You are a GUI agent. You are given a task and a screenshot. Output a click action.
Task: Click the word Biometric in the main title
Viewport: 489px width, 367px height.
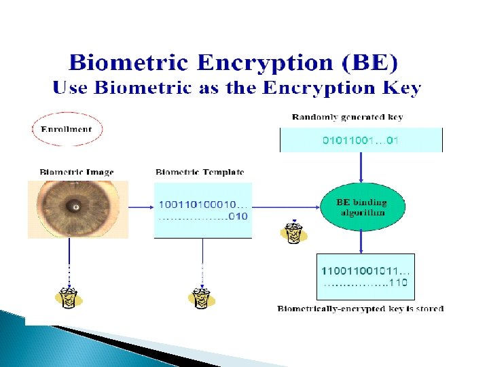tap(127, 63)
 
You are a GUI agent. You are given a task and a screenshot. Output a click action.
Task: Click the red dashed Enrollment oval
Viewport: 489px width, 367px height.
tap(67, 129)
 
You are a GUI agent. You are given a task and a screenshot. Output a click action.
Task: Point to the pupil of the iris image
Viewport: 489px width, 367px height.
tap(76, 206)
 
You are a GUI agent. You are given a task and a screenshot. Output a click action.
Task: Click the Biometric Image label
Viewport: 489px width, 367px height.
tap(76, 173)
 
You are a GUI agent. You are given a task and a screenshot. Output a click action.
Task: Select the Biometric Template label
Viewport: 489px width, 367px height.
tap(200, 173)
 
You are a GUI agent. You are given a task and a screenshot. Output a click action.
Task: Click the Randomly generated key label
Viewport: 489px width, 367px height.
tap(347, 117)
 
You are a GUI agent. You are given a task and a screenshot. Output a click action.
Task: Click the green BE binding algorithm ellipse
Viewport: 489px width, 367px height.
tap(361, 207)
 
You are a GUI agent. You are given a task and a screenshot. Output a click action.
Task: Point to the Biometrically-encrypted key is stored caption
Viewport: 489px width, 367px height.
tap(360, 309)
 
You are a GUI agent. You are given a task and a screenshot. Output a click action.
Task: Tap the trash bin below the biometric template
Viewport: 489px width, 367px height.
tap(202, 297)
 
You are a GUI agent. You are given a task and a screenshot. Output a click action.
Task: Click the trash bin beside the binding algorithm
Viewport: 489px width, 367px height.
tap(293, 231)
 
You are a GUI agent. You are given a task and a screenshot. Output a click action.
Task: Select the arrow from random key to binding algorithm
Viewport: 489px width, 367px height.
tap(361, 167)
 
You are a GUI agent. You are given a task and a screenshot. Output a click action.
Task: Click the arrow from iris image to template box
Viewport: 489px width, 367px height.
tap(136, 205)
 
